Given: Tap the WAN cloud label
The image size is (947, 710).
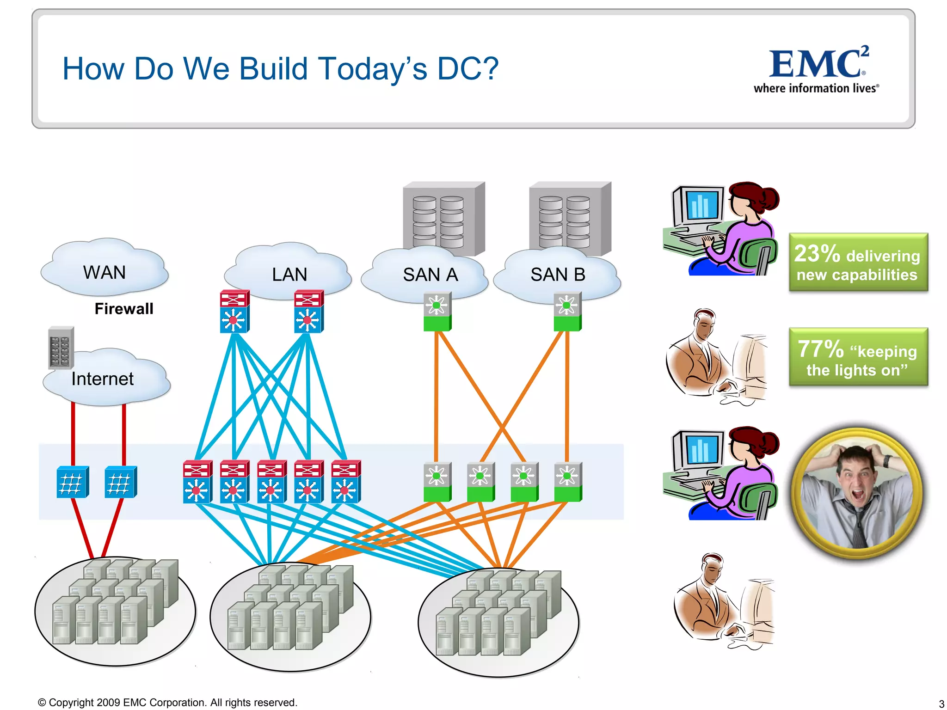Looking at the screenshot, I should (104, 273).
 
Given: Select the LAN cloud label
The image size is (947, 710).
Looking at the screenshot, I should (289, 275).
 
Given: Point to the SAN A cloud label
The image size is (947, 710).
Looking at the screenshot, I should (430, 275).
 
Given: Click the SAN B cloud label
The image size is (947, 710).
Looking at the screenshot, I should (557, 275).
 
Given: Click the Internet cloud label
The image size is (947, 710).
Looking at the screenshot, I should (102, 379).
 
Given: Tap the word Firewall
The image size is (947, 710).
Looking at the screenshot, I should (124, 309).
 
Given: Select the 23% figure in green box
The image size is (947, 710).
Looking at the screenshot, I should (817, 254).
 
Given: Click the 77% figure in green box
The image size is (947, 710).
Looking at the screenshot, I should (820, 349).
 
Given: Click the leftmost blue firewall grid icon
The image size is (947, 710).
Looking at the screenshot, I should (72, 482).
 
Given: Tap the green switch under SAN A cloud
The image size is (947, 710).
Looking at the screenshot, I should (437, 312).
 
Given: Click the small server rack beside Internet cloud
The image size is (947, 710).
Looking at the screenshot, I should (61, 348).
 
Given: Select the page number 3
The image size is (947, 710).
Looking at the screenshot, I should (941, 704).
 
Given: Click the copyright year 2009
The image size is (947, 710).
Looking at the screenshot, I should (108, 703).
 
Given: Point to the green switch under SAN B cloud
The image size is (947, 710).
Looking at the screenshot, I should (567, 312).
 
